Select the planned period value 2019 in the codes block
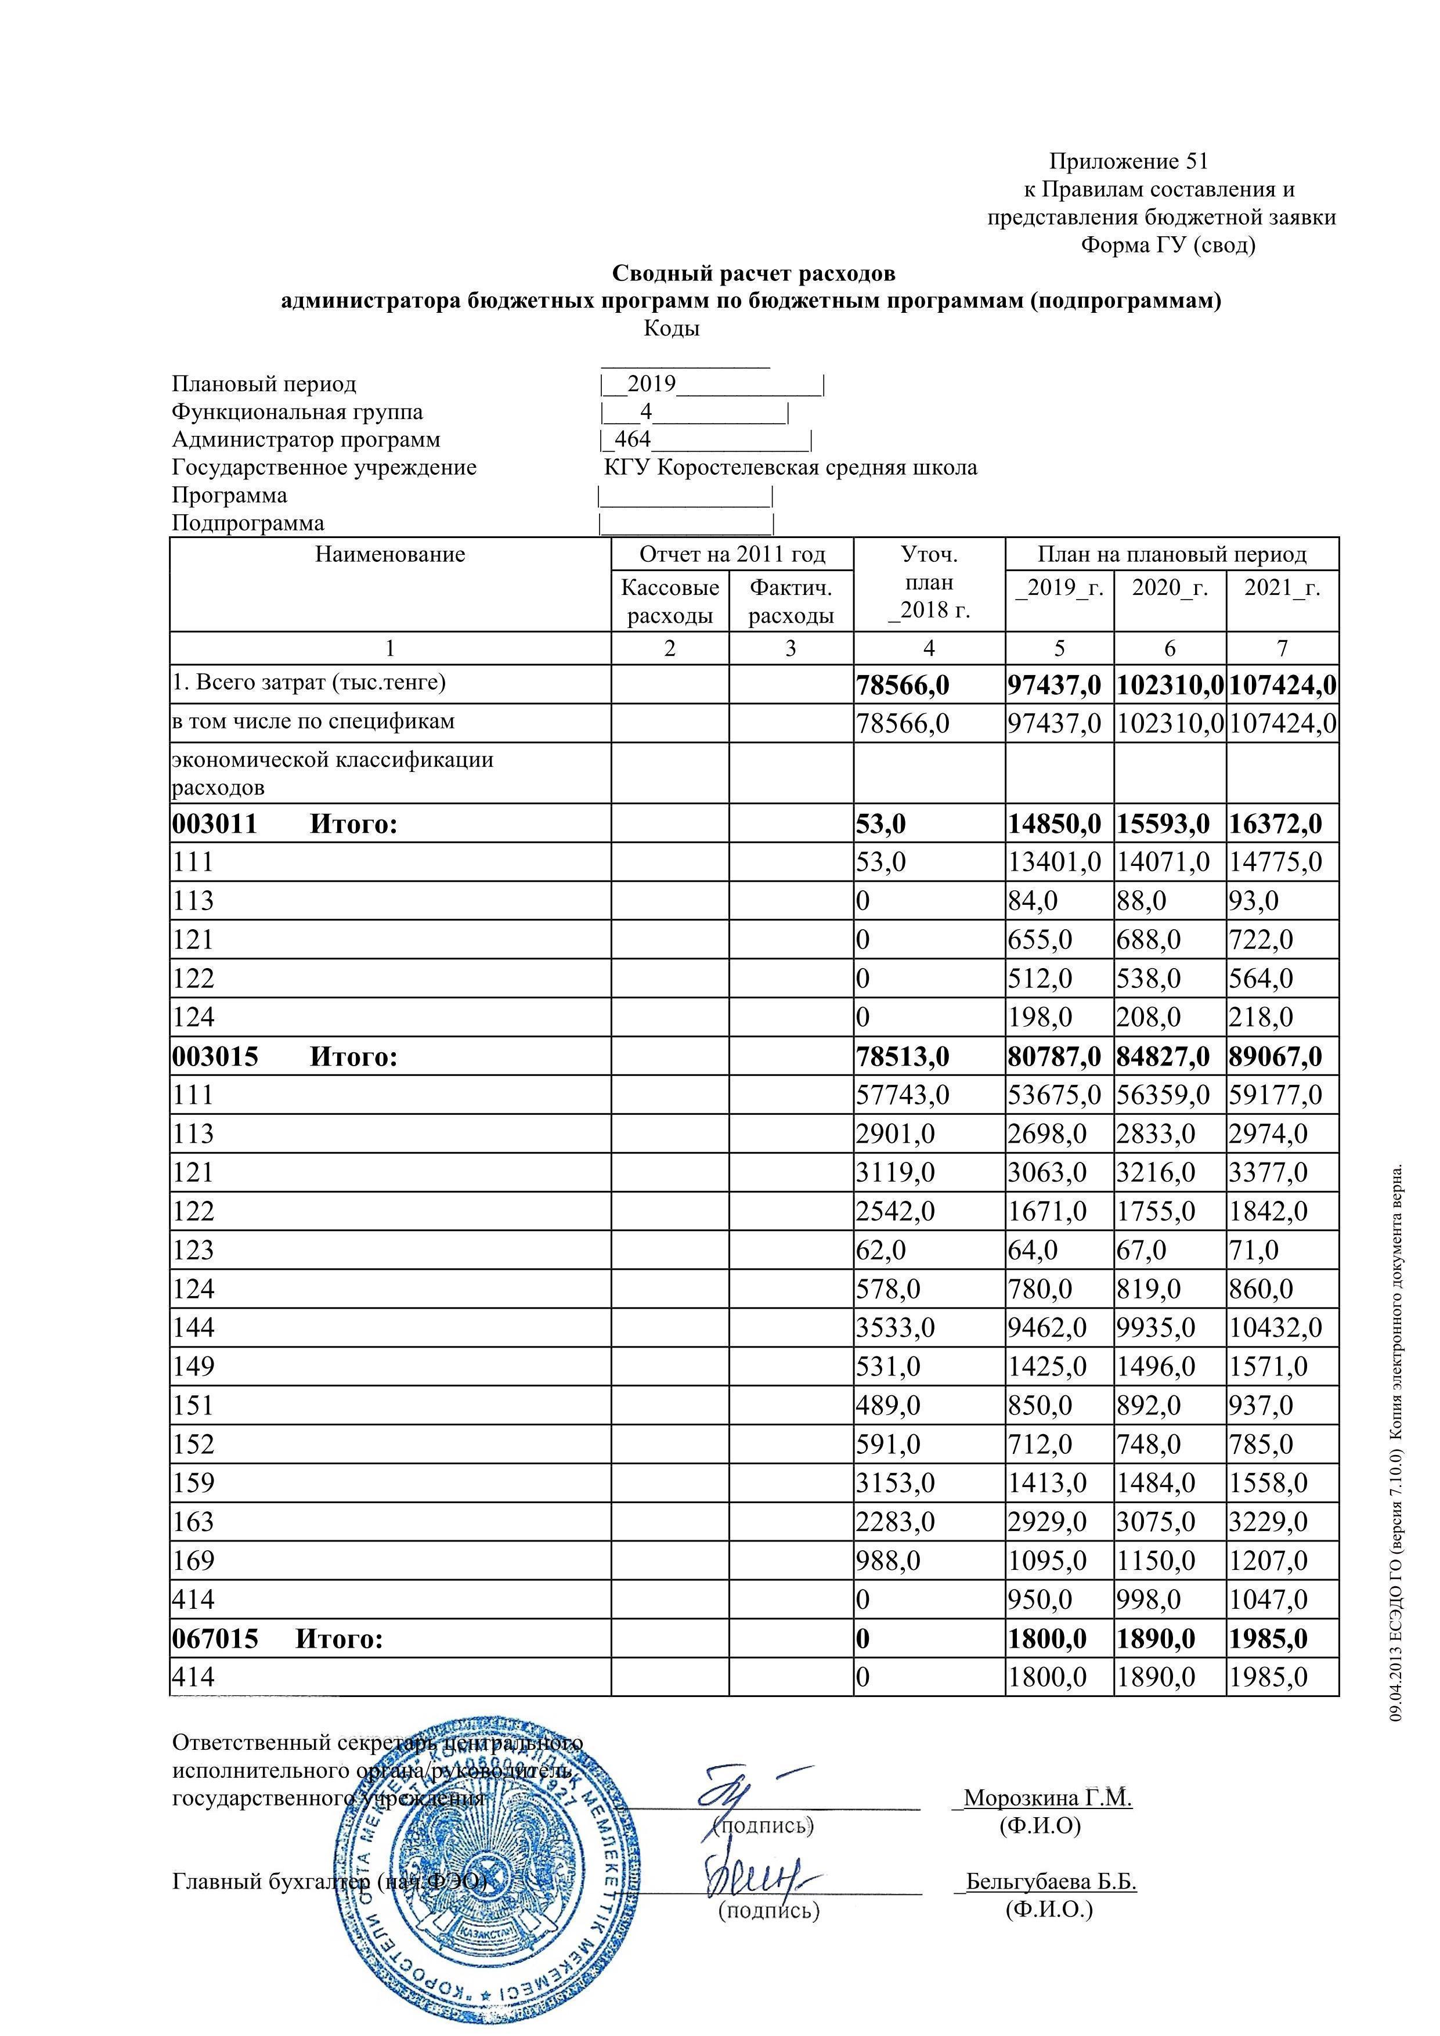[x=652, y=384]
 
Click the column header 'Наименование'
[x=390, y=555]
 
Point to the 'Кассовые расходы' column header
[x=669, y=601]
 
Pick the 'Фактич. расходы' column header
[x=791, y=601]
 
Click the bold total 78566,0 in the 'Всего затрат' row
[x=903, y=685]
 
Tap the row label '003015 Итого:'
[x=284, y=1056]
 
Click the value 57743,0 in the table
[x=903, y=1095]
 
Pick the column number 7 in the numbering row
[x=1282, y=648]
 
